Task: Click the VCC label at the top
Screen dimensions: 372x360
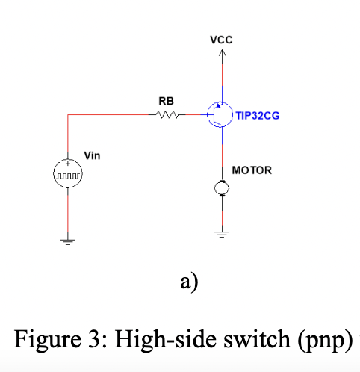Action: coord(221,40)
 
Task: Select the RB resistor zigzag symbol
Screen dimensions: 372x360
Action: coord(167,115)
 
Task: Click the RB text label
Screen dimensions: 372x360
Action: coord(166,100)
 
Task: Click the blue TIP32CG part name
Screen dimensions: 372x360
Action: coord(258,116)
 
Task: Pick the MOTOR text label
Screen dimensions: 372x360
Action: coord(252,170)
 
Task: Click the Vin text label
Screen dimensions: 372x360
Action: coord(92,156)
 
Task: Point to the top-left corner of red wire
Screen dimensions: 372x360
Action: coord(68,115)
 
